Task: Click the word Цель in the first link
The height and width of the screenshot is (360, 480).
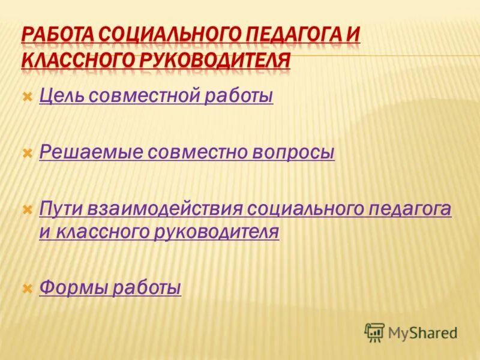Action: click(x=59, y=96)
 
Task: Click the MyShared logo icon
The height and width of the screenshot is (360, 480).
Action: click(x=374, y=332)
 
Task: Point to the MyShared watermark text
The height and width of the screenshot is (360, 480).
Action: click(x=422, y=332)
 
